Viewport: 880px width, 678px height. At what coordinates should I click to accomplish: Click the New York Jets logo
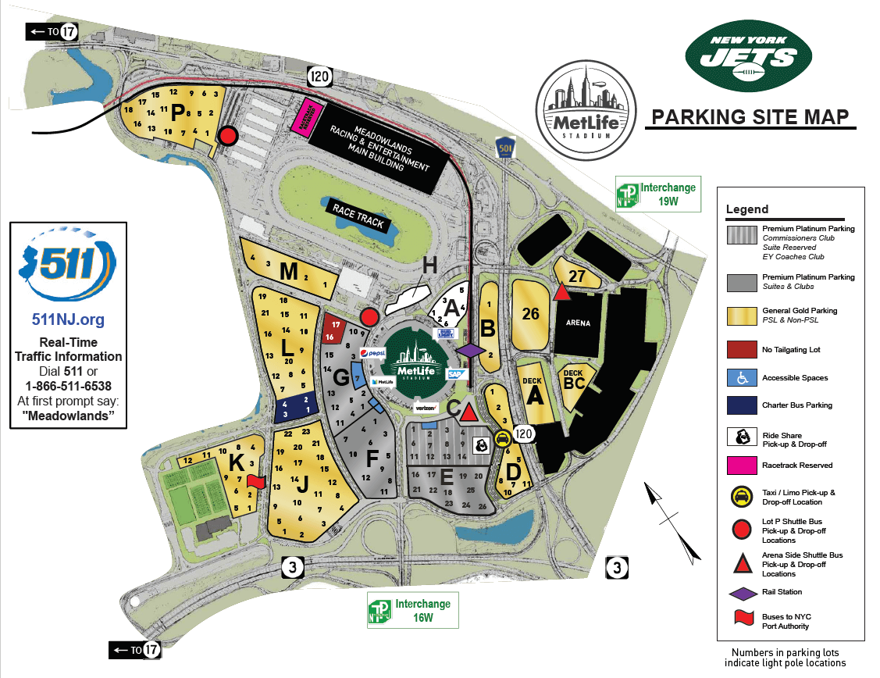748,56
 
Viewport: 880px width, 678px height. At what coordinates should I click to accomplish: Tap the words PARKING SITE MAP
750,117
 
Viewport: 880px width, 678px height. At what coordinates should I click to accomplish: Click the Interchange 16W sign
412,610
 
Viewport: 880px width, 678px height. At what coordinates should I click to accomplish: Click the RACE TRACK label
358,216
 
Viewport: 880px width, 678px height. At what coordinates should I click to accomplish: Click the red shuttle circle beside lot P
227,136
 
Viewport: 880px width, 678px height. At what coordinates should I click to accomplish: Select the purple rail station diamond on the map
471,351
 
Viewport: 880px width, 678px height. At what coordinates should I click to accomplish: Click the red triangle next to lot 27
561,292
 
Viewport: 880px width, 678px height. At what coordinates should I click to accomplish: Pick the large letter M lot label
289,272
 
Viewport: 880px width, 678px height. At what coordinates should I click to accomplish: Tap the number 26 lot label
531,314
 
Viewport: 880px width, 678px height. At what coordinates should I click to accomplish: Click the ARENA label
579,323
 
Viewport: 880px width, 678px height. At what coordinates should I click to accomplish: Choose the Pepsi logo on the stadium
372,353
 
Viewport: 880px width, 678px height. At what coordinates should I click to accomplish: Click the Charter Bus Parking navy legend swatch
743,405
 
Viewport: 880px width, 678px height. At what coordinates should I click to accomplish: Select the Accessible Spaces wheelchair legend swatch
743,377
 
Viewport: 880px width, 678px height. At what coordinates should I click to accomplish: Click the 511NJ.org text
68,319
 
